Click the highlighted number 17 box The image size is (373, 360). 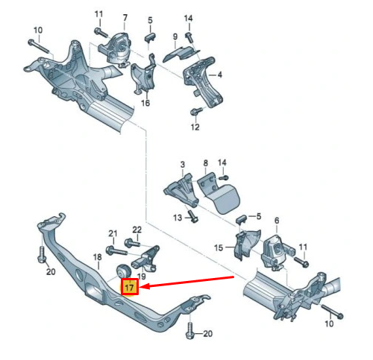[x=129, y=287]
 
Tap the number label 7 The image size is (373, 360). [x=125, y=16]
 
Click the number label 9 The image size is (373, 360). [x=174, y=37]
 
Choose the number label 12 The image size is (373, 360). [x=195, y=127]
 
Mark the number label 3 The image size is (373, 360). [x=181, y=163]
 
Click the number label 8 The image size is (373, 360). [x=205, y=162]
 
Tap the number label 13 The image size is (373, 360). [x=178, y=217]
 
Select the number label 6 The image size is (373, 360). [x=276, y=221]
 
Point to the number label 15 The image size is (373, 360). [x=219, y=247]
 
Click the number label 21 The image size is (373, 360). [x=113, y=233]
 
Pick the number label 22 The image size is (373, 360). [x=137, y=229]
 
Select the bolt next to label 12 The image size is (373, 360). [x=196, y=113]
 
